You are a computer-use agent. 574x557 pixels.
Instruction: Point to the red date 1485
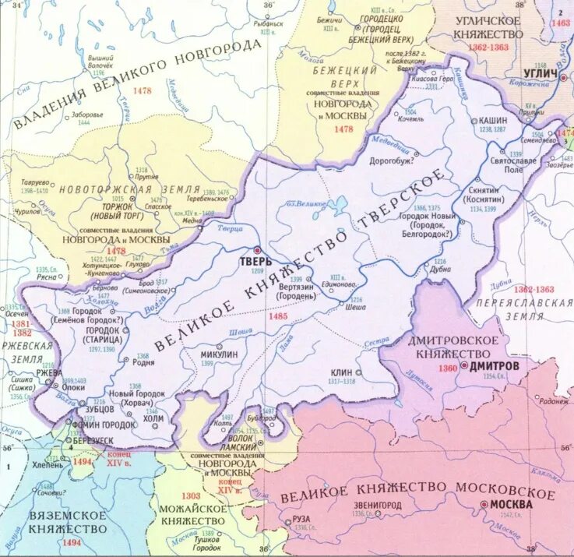(x=276, y=316)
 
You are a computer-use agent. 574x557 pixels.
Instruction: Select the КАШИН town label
(x=493, y=121)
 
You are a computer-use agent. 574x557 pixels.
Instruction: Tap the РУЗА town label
(x=301, y=520)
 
